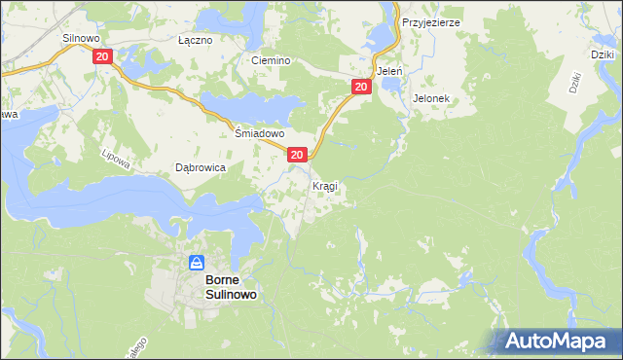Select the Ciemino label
(x=271, y=60)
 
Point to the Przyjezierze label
(x=430, y=21)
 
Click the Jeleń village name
(x=389, y=71)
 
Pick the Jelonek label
(x=429, y=98)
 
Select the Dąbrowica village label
(x=200, y=167)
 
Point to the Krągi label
(x=325, y=185)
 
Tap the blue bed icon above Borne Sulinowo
(x=197, y=262)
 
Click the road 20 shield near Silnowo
(x=103, y=57)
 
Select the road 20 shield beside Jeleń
(x=361, y=88)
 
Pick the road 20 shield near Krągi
(x=298, y=155)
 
